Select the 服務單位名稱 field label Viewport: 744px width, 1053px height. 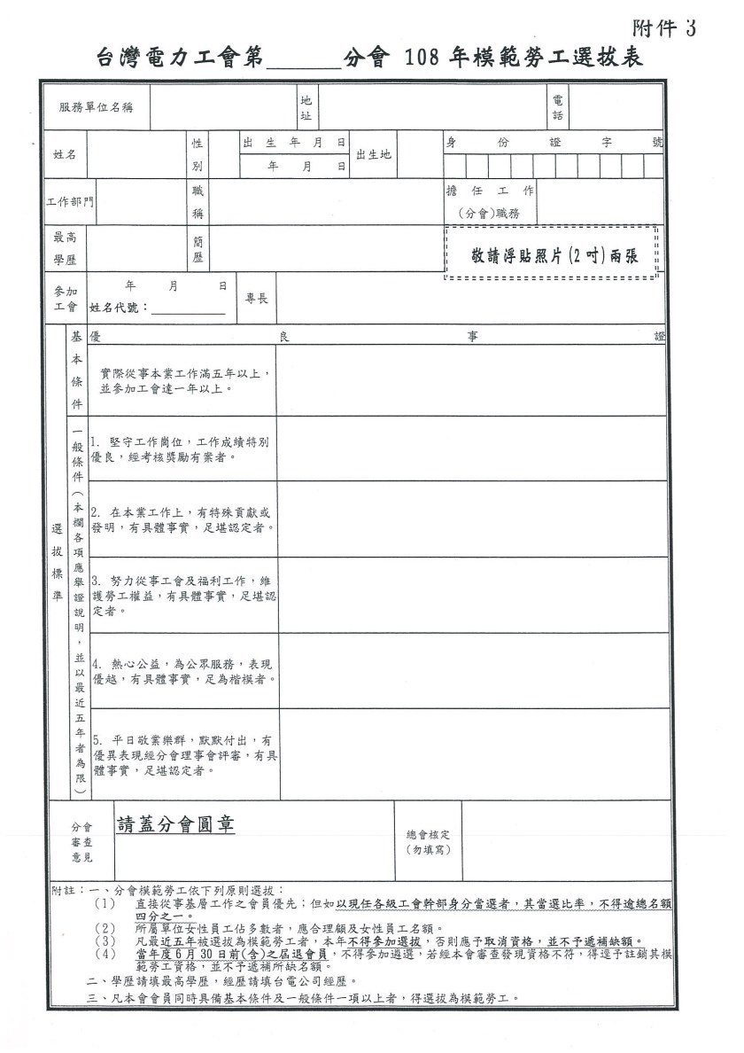pyautogui.click(x=96, y=107)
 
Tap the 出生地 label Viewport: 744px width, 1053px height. pyautogui.click(x=373, y=154)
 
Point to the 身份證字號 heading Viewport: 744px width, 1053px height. pyautogui.click(x=554, y=142)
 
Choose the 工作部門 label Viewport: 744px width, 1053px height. pyautogui.click(x=70, y=202)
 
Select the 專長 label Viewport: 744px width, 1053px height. pyautogui.click(x=256, y=300)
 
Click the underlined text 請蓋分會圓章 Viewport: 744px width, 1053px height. pyautogui.click(x=175, y=823)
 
